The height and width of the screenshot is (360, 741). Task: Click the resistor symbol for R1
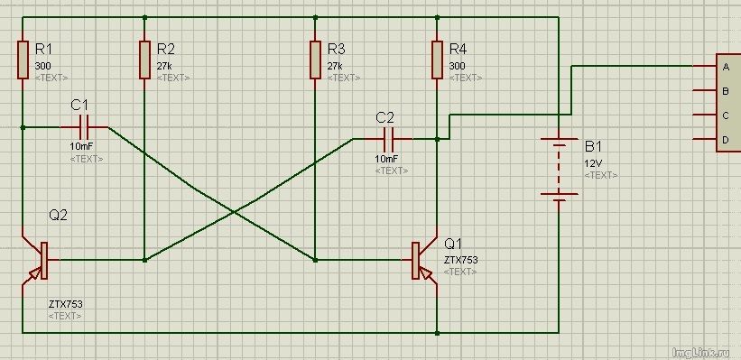tap(23, 60)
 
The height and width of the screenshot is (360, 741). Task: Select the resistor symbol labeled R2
tap(144, 60)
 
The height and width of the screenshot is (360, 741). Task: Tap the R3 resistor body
tap(315, 60)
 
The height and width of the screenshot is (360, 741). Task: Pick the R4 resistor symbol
tap(437, 60)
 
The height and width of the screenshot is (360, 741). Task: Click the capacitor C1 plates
tap(84, 127)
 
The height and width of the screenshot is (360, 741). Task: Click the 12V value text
tap(594, 164)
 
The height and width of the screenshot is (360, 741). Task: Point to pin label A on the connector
tap(726, 67)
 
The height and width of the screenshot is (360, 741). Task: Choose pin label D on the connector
tap(726, 139)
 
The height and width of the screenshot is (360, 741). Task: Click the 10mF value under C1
tap(82, 147)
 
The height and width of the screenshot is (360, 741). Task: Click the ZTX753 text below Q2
tap(65, 304)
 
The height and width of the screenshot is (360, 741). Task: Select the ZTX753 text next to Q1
tap(461, 260)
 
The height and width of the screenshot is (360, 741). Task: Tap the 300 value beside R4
tap(457, 66)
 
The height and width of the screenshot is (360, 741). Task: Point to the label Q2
tap(58, 216)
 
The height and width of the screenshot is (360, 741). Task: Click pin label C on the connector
tap(726, 115)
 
